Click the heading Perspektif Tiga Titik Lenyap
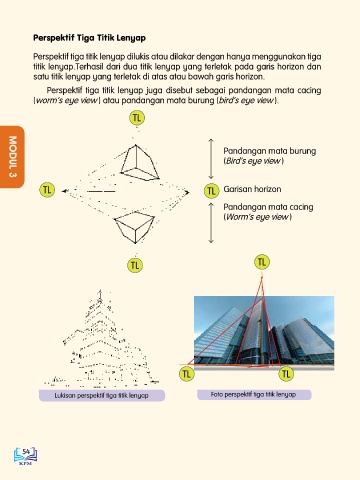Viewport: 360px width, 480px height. (89, 38)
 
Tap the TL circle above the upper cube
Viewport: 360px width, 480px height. (137, 118)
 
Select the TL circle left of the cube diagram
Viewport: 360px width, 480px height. (47, 190)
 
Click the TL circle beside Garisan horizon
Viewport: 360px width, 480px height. (211, 191)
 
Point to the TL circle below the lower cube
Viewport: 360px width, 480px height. (135, 266)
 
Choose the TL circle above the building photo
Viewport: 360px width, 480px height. (262, 262)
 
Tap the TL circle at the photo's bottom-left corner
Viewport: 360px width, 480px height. (186, 373)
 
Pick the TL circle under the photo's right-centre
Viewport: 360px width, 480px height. (286, 374)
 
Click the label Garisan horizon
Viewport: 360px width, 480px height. (252, 189)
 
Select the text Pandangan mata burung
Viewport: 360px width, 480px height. (270, 151)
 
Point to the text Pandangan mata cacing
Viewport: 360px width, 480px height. (268, 207)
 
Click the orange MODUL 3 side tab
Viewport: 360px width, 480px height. (12, 157)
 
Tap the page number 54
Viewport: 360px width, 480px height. (26, 452)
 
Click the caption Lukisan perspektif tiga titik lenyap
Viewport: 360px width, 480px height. (102, 396)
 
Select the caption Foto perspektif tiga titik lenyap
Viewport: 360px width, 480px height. (254, 395)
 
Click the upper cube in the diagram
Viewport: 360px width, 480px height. (139, 163)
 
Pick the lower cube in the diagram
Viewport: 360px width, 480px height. (134, 228)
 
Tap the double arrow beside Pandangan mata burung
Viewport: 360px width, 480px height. (211, 159)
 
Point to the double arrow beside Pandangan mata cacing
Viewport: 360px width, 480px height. (211, 223)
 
